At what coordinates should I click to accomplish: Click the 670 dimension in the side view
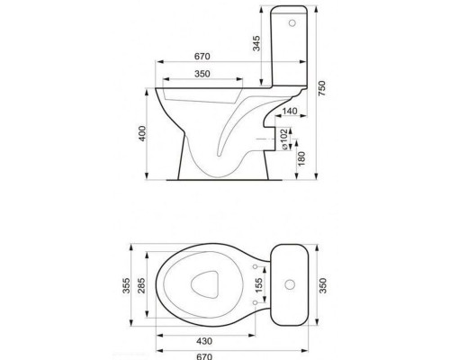pyautogui.click(x=202, y=57)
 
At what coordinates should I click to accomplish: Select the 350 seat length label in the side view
pyautogui.click(x=202, y=74)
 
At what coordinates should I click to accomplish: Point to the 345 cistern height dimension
pyautogui.click(x=256, y=43)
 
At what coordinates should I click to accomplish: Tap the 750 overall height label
pyautogui.click(x=321, y=88)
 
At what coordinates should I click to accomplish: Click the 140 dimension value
pyautogui.click(x=290, y=111)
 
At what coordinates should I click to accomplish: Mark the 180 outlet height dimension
pyautogui.click(x=301, y=158)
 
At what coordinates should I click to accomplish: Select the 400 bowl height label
pyautogui.click(x=142, y=133)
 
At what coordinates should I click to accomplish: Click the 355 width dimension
pyautogui.click(x=127, y=285)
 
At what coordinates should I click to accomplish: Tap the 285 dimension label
pyautogui.click(x=142, y=285)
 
